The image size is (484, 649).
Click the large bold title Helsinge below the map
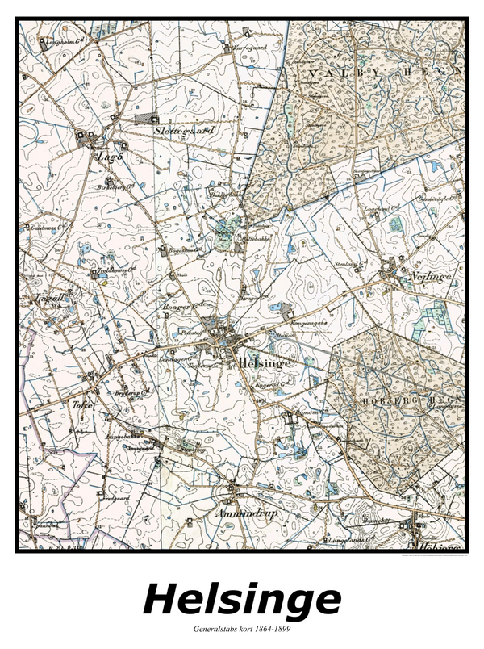(242, 601)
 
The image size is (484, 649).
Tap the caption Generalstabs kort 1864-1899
(242, 628)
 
